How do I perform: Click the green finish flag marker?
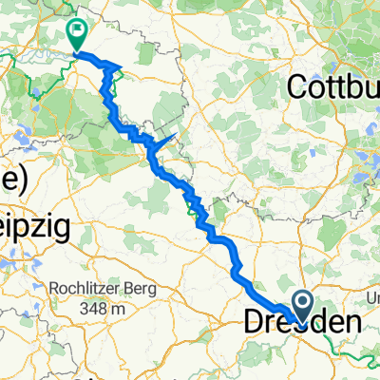(x=75, y=34)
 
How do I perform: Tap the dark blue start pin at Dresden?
(x=303, y=305)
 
